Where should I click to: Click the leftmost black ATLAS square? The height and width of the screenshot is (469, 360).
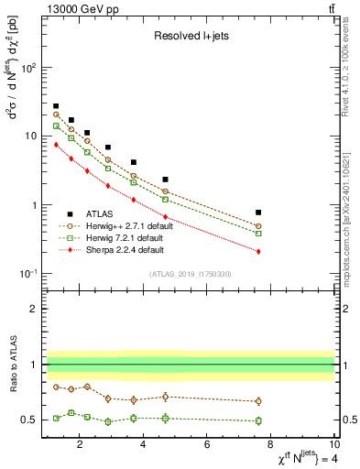[56, 106]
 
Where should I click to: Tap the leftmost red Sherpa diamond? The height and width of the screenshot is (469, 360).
[56, 144]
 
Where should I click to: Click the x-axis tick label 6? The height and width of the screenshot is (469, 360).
[207, 445]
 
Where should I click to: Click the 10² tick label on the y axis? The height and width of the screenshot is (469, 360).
[29, 68]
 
